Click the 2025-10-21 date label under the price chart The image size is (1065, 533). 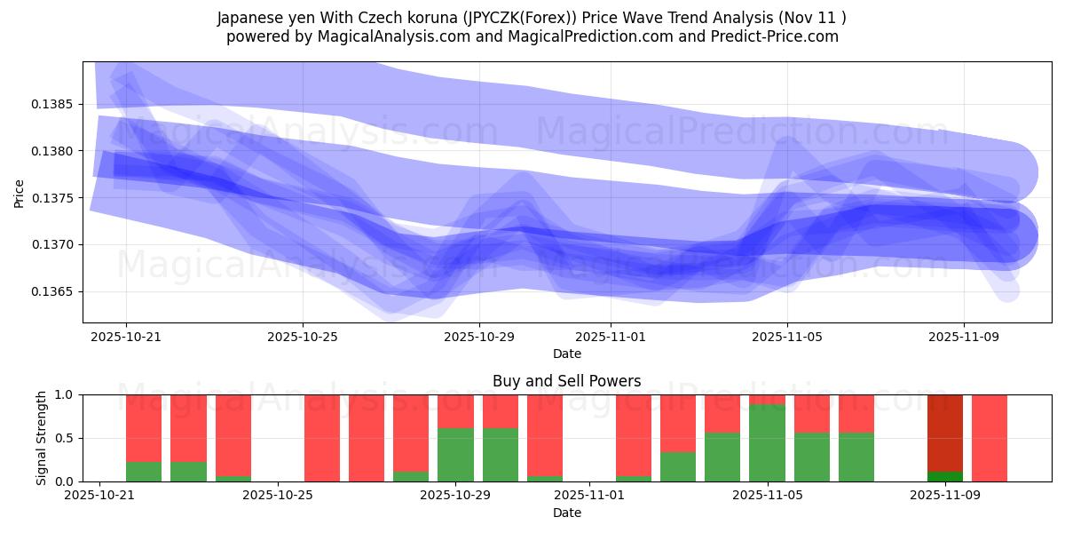point(126,337)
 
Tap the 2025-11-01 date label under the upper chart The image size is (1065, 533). point(611,337)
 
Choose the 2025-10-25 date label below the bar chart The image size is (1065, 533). point(279,496)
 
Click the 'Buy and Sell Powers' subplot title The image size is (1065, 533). point(566,381)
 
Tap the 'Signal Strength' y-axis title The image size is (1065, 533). point(42,438)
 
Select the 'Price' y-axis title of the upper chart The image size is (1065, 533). point(20,192)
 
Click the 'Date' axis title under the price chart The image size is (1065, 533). point(567,354)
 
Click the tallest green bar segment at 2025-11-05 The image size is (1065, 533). point(767,442)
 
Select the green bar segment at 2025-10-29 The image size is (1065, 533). point(455,455)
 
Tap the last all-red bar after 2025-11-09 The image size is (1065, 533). point(990,438)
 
